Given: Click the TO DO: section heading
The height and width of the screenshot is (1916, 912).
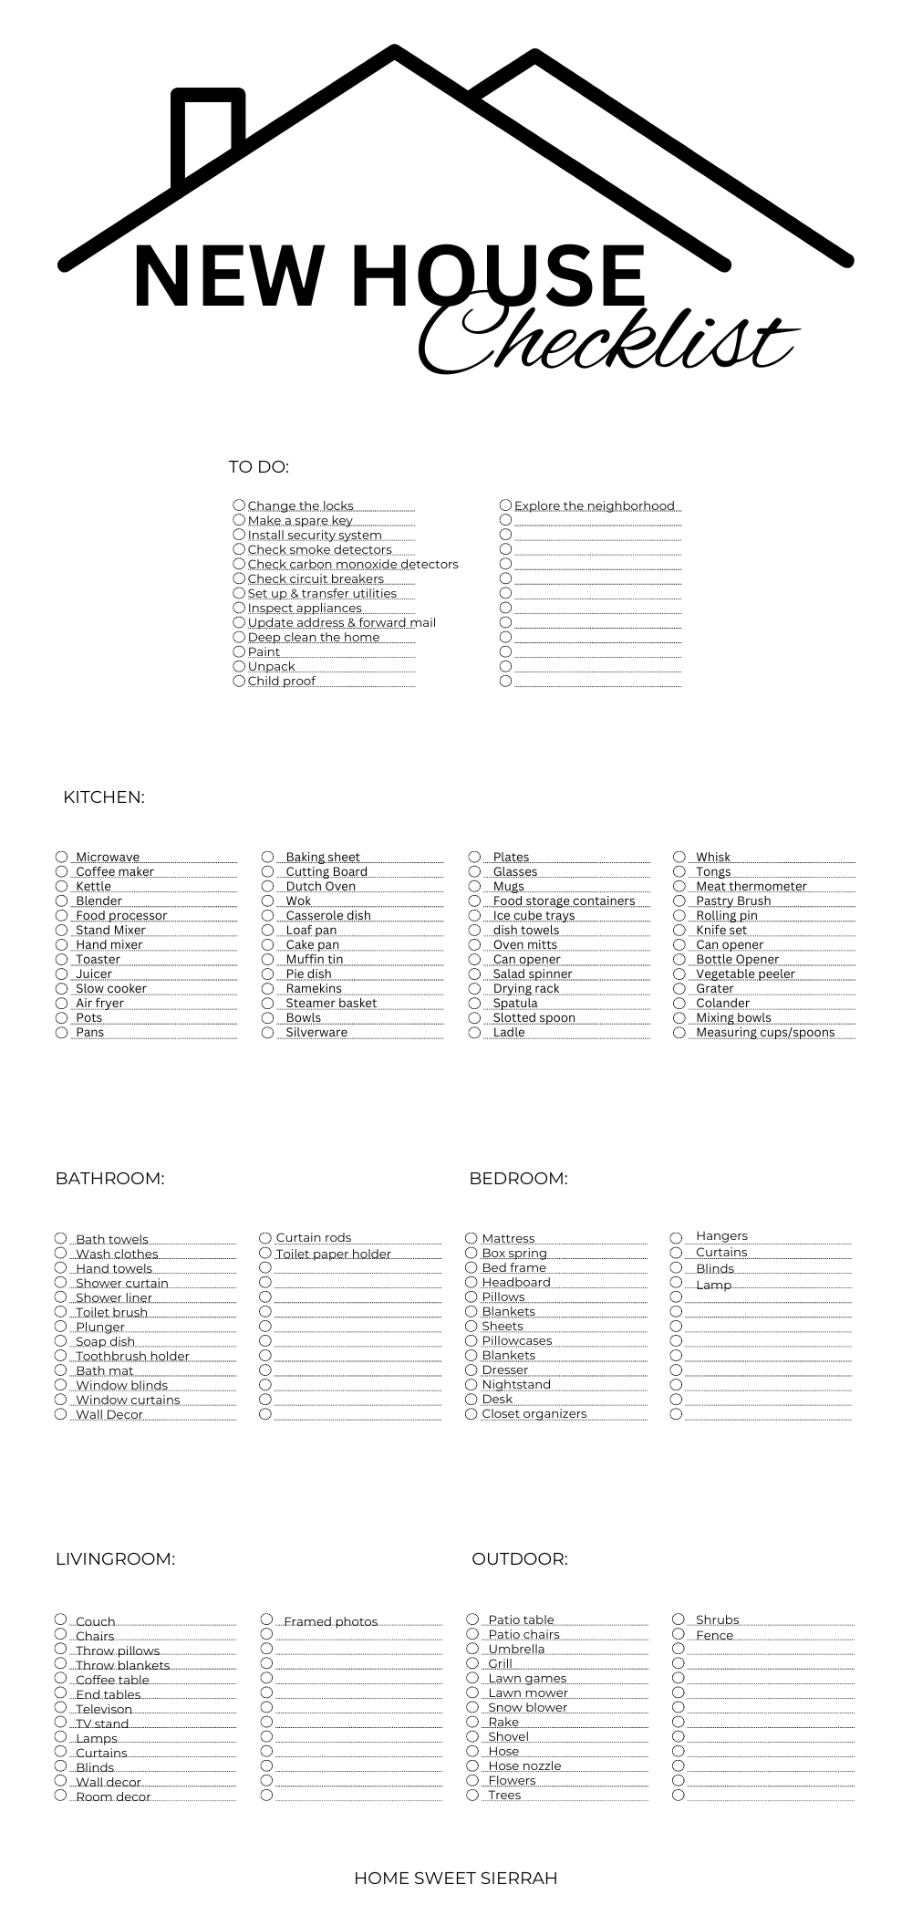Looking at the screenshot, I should [258, 467].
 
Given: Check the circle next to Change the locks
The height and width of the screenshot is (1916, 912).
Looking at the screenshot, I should [239, 505].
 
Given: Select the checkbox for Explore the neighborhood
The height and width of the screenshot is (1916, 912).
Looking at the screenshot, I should [505, 505].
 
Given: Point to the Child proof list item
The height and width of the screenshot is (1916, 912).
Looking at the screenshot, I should [281, 682].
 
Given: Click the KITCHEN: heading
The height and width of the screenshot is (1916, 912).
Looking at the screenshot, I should [104, 797].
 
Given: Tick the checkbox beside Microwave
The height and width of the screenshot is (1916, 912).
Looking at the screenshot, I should [61, 857].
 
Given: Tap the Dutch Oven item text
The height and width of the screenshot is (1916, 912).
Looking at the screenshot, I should [320, 887].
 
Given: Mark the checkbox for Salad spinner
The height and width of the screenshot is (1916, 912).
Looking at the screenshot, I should [474, 974].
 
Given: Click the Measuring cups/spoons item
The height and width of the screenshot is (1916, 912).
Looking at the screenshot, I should [765, 1033].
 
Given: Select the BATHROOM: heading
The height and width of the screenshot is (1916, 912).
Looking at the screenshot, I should [109, 1179].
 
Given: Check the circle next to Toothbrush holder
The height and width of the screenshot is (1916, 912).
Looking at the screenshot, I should [61, 1356].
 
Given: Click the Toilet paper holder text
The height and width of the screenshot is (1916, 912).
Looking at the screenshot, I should [333, 1255].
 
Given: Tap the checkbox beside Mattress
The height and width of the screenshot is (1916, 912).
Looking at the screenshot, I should [472, 1238].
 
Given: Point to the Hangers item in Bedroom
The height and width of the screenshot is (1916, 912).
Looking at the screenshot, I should [721, 1236].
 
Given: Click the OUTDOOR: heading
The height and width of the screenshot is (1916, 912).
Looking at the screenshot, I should [519, 1559].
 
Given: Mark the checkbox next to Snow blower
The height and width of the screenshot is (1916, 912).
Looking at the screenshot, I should [472, 1707].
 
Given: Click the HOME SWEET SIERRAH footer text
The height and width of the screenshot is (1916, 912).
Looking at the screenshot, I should [455, 1879].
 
